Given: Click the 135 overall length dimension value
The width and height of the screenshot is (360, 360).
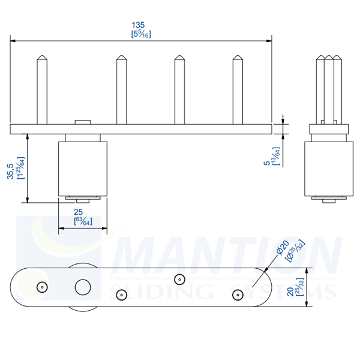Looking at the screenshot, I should pyautogui.click(x=138, y=25).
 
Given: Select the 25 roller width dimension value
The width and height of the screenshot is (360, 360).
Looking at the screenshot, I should pyautogui.click(x=78, y=212).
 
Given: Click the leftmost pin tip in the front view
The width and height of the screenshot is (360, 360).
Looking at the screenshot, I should pyautogui.click(x=41, y=59).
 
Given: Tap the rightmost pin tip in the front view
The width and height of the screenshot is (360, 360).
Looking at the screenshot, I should pyautogui.click(x=238, y=59).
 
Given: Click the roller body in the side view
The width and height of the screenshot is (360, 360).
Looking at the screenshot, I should pyautogui.click(x=328, y=168).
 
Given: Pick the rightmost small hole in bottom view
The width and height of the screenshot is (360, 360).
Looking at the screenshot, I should pyautogui.click(x=236, y=294).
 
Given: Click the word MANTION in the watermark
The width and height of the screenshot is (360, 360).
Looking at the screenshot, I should pyautogui.click(x=228, y=255).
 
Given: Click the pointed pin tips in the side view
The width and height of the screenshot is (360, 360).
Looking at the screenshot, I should pyautogui.click(x=328, y=58).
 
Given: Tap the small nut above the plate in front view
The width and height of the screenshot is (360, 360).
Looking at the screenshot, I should pyautogui.click(x=82, y=122).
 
